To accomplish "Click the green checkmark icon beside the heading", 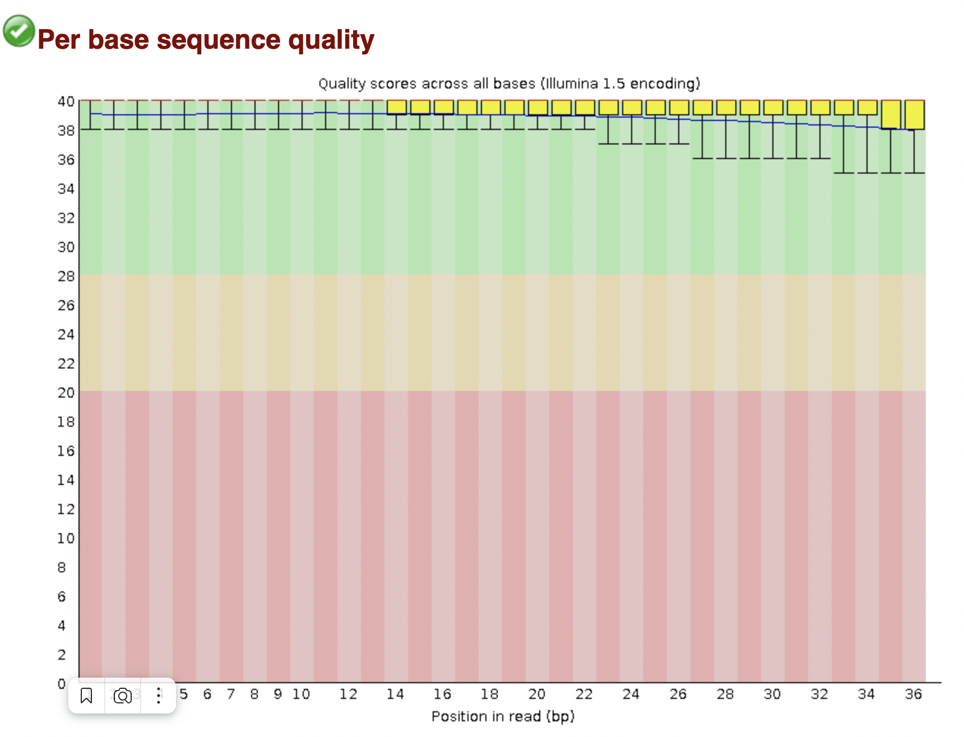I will [x=19, y=31].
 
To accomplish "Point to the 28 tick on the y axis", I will [x=66, y=276].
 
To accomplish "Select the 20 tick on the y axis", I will [x=66, y=393].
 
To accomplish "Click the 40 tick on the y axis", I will [x=66, y=101].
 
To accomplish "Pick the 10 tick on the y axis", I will [x=66, y=538].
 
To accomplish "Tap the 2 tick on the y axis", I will [x=62, y=655].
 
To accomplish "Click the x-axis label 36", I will [x=914, y=694].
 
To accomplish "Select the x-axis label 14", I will [x=395, y=694].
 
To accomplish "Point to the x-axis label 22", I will [x=584, y=694].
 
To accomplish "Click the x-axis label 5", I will [x=183, y=694].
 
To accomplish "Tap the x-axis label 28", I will [x=725, y=694].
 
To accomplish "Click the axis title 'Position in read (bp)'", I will [x=503, y=716].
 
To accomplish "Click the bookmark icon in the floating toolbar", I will [x=86, y=696].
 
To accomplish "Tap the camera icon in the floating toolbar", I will [x=122, y=696].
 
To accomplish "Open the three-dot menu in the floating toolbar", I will [x=159, y=696].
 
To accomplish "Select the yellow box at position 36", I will [x=915, y=115].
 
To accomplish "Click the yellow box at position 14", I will [x=397, y=107].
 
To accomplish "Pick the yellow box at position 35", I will [x=891, y=114].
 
